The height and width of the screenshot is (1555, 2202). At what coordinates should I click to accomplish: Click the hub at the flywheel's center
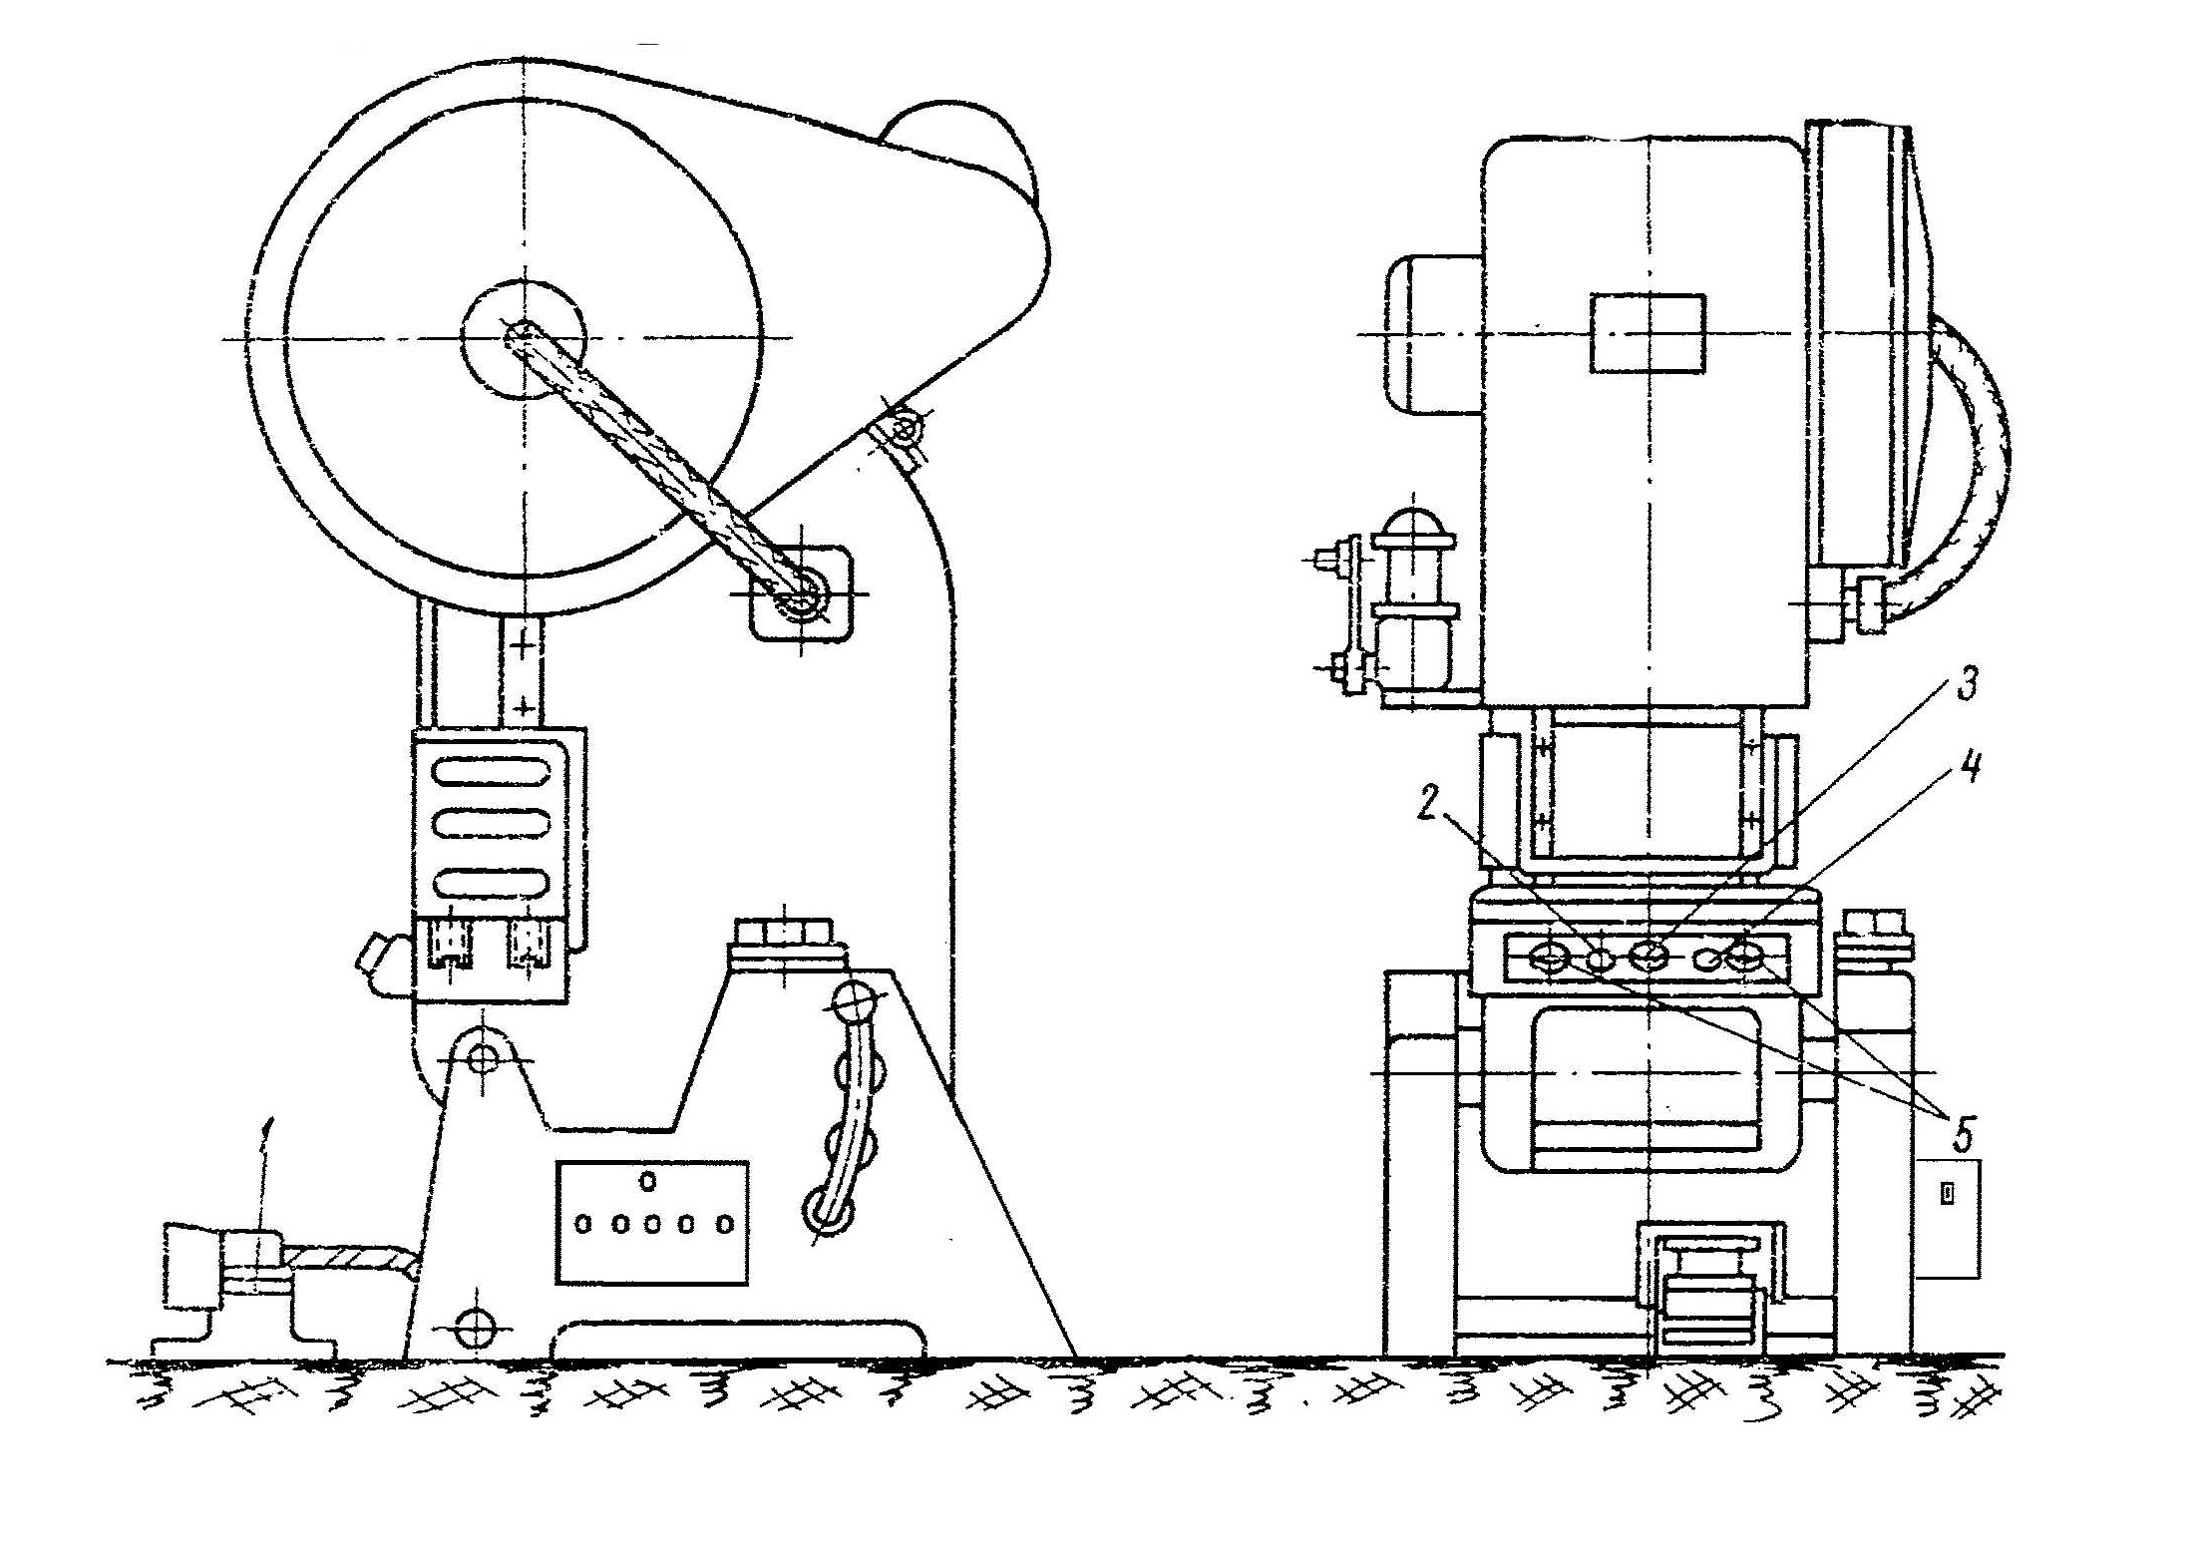522,339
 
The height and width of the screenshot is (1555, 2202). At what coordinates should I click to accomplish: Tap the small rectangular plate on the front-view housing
1648,333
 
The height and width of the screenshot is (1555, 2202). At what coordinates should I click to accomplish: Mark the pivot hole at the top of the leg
483,1056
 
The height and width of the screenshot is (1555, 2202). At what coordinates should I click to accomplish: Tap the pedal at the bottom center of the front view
1701,1292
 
